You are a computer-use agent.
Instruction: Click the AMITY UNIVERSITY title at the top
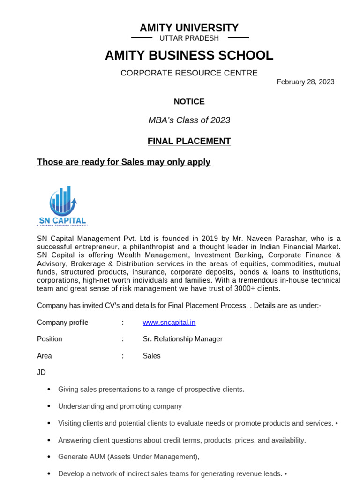(x=189, y=28)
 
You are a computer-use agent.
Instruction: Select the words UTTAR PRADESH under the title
(x=189, y=38)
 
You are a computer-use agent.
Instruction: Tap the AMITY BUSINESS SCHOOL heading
(x=189, y=55)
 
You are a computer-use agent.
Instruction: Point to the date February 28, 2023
(x=306, y=82)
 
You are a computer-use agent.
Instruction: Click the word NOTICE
(x=189, y=101)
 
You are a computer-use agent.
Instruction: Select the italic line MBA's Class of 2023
(x=189, y=120)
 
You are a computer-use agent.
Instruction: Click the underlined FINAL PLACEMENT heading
(x=189, y=141)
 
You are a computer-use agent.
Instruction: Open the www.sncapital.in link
(x=169, y=322)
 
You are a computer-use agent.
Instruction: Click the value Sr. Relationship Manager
(x=182, y=339)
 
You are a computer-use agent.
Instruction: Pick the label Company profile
(x=62, y=322)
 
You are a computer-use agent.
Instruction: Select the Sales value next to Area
(x=151, y=356)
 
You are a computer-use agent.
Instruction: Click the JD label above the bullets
(x=41, y=372)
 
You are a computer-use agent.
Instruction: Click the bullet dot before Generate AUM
(x=49, y=457)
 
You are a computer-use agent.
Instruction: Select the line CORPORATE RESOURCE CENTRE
(x=189, y=73)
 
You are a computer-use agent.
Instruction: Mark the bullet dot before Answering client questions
(x=49, y=440)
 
